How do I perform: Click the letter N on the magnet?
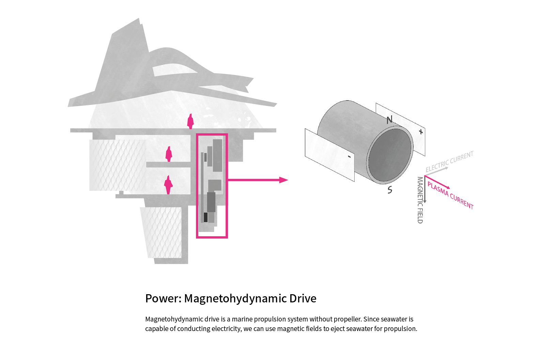[389, 120]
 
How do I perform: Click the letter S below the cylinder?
[390, 190]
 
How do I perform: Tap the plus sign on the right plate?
[421, 132]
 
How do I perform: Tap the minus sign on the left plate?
[349, 157]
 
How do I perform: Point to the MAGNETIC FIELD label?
[420, 200]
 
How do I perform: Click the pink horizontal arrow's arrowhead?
[283, 180]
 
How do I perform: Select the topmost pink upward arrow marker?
[190, 121]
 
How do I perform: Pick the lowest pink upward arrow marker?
[168, 184]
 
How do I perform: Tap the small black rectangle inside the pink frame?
[205, 217]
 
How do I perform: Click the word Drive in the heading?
[303, 299]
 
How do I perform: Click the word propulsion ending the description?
[400, 329]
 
